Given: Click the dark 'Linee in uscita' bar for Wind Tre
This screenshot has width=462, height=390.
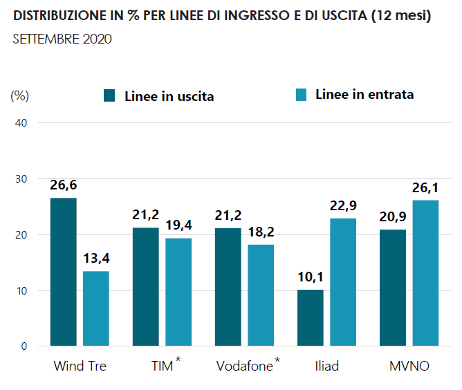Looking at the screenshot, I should (x=64, y=272).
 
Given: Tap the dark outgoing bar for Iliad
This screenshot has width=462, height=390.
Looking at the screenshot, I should (x=310, y=317).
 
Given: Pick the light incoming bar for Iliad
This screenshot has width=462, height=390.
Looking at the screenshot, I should (x=343, y=282).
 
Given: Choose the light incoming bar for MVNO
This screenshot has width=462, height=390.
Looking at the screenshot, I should (x=425, y=273).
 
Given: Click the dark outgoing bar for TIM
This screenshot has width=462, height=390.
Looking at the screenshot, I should (x=145, y=286).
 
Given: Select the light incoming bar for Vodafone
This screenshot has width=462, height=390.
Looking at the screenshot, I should (x=261, y=295).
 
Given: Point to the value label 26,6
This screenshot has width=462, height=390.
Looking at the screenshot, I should (x=64, y=185).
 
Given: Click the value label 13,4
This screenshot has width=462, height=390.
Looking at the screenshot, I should (x=96, y=259).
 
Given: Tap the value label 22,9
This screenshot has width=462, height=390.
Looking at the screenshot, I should (x=343, y=205).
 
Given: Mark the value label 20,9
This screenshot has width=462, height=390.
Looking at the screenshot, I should (x=392, y=217).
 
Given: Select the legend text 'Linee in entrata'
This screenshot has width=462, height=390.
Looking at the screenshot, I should (x=364, y=94).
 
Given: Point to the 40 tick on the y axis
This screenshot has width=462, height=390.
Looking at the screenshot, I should (x=20, y=123).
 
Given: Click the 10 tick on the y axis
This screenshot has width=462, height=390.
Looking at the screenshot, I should (x=20, y=290).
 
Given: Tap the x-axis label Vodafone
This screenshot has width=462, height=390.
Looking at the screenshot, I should (x=244, y=366).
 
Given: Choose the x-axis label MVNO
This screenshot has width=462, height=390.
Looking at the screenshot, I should (x=409, y=366).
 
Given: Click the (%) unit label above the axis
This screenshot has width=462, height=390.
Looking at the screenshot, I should (x=20, y=95).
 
